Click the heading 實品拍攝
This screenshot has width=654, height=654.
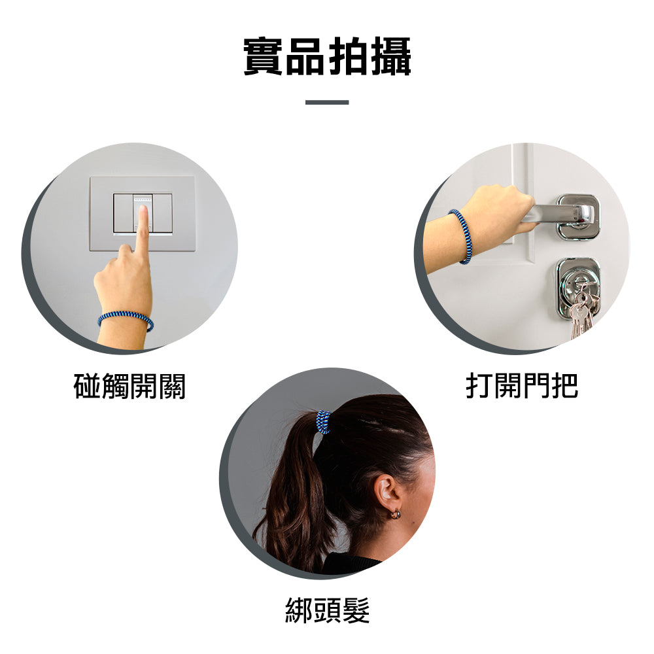click(327, 58)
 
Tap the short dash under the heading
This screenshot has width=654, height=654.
click(327, 102)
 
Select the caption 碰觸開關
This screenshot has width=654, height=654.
click(129, 386)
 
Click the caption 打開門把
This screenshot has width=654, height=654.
click(522, 386)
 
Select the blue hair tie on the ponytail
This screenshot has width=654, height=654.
click(323, 422)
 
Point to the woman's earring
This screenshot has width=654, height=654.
click(395, 515)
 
